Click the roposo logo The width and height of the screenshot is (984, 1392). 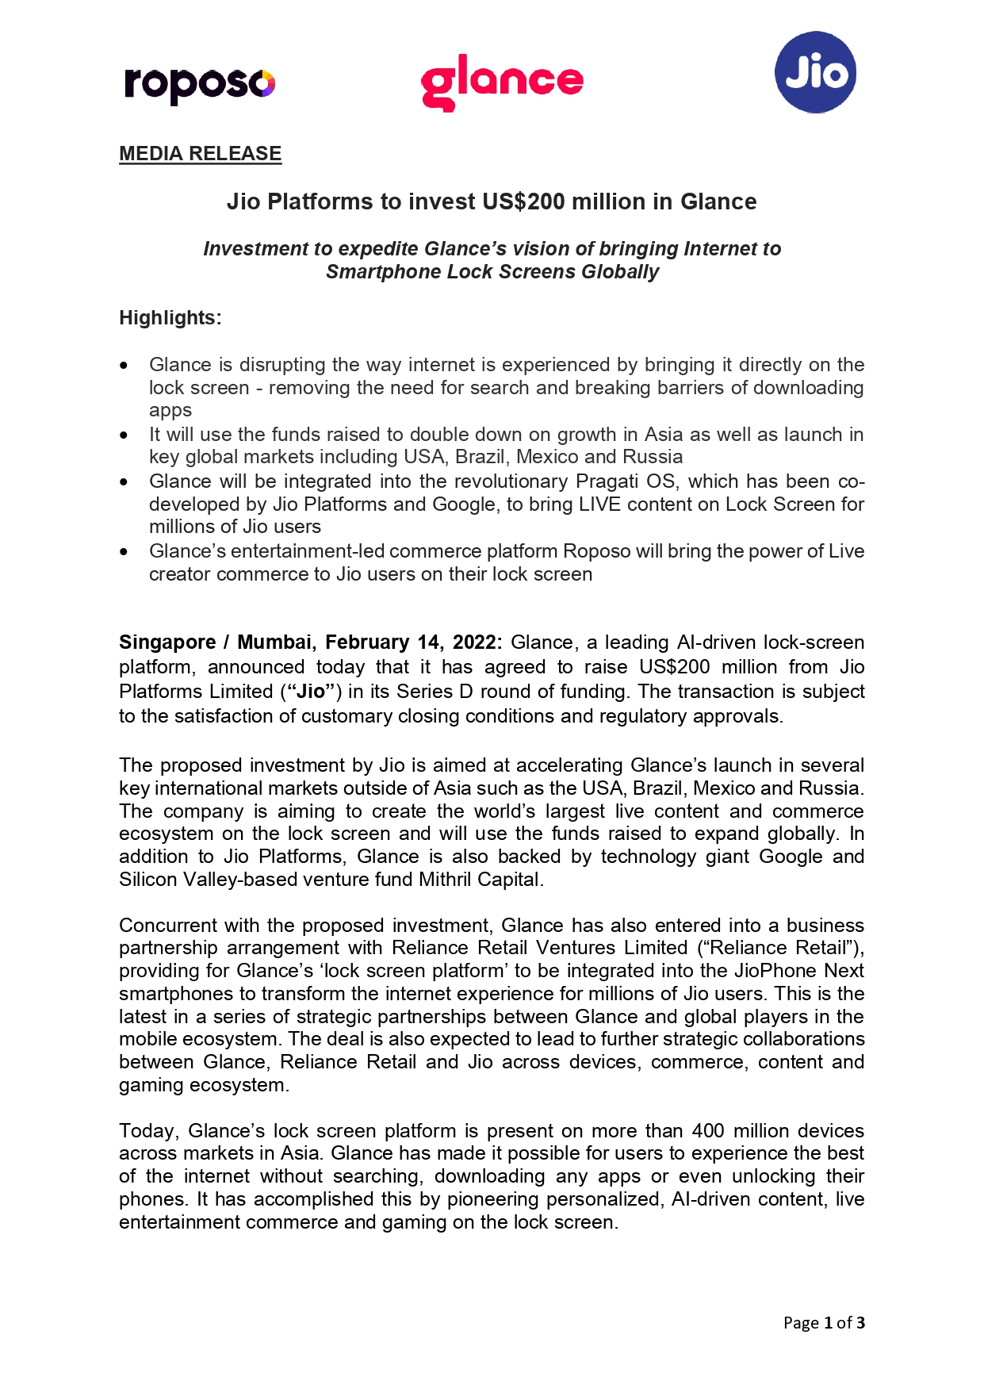[200, 84]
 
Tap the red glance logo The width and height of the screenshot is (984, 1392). [502, 82]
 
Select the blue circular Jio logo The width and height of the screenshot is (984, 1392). [815, 72]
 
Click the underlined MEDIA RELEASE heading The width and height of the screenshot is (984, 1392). [200, 154]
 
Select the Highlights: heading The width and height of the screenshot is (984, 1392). [170, 318]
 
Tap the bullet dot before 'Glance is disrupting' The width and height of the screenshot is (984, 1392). [124, 366]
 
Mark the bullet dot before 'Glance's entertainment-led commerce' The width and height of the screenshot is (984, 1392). [124, 552]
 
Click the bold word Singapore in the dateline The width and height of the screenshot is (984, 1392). [167, 642]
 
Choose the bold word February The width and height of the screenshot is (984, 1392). [368, 642]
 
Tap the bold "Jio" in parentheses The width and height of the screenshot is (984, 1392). [310, 692]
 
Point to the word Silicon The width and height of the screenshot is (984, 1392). [148, 880]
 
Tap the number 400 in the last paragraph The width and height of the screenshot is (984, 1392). [708, 1131]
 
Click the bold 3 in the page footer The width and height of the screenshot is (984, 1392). [860, 1323]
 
